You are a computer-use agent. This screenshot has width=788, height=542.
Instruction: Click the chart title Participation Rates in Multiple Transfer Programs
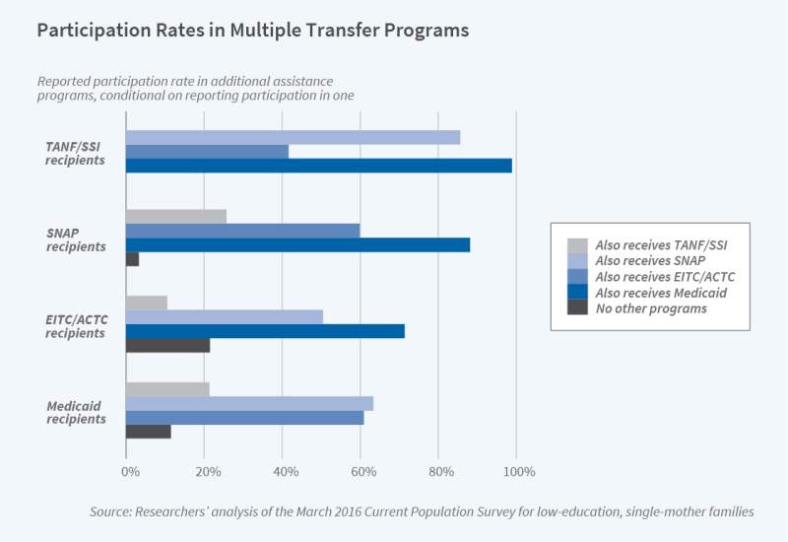[252, 31]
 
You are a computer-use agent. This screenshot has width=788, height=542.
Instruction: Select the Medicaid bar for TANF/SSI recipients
[318, 166]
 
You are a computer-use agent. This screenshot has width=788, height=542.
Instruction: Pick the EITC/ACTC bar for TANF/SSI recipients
[207, 152]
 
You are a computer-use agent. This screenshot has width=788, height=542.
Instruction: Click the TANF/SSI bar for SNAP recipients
[176, 216]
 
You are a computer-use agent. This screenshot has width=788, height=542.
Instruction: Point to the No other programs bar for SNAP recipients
[132, 259]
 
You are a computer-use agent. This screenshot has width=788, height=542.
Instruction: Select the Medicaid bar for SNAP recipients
[297, 244]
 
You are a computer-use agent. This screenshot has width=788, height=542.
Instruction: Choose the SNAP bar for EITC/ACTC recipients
[225, 316]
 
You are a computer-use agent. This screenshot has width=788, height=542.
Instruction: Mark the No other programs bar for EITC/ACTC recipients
[167, 345]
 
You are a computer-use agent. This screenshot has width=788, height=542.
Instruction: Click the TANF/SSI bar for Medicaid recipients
[167, 389]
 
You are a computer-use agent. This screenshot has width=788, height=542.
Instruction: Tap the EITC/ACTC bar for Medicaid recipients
[244, 418]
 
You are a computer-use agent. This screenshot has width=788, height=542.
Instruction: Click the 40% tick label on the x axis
[286, 471]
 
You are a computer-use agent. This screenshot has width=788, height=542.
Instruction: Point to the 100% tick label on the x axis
[519, 471]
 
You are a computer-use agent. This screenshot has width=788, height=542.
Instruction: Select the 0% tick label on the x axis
[130, 471]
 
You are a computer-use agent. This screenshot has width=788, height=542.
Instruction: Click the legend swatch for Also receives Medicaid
[577, 293]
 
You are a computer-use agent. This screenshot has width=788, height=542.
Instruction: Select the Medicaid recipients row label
[76, 412]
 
